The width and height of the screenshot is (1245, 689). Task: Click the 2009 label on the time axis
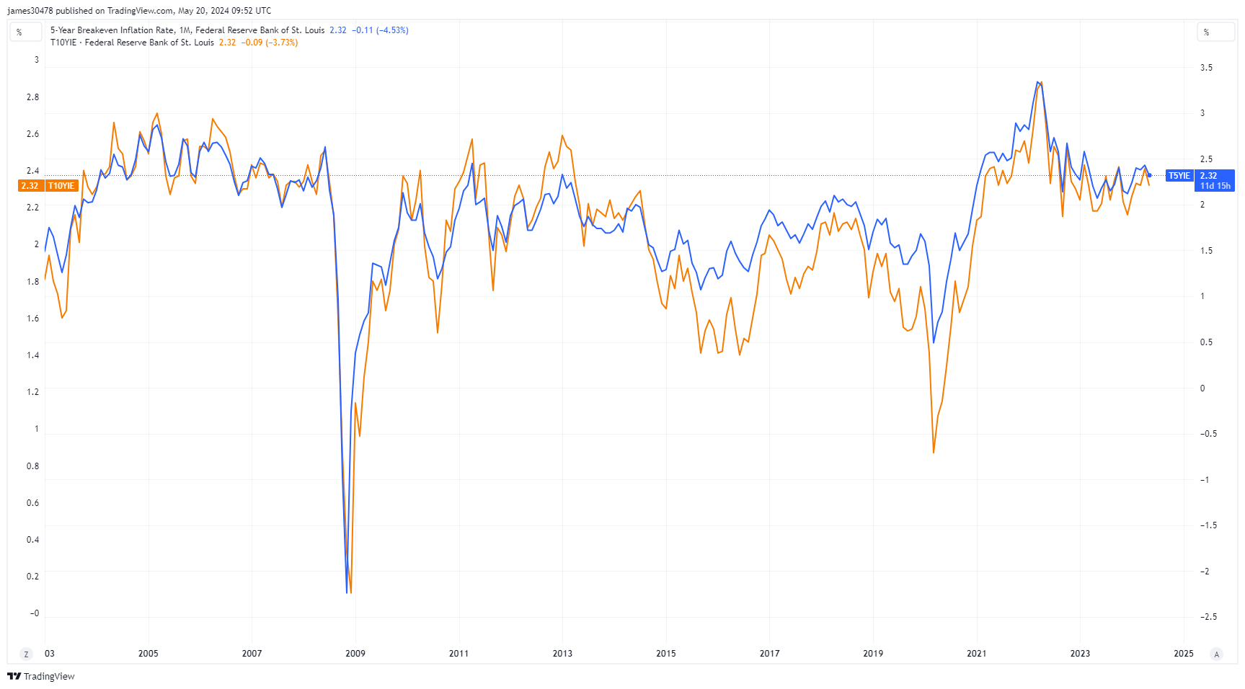[x=355, y=654]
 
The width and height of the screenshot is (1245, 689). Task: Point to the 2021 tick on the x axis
[x=977, y=654]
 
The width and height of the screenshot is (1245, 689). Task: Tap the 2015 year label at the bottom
[x=666, y=654]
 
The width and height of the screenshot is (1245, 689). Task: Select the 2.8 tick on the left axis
[x=32, y=97]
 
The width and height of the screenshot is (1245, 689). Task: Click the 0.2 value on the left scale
[x=32, y=577]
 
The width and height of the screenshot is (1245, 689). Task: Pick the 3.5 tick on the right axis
[x=1206, y=68]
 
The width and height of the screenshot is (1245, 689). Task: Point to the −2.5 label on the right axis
[x=1208, y=617]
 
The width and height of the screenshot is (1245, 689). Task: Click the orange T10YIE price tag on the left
[x=61, y=186]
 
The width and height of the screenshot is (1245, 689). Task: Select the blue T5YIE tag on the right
[x=1179, y=176]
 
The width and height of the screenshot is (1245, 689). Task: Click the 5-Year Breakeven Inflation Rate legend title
[x=112, y=30]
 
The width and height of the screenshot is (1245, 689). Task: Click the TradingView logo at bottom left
[x=41, y=676]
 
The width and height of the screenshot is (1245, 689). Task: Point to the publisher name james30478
[x=30, y=11]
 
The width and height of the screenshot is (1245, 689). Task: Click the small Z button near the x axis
[x=27, y=654]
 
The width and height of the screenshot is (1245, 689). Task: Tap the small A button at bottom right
[x=1217, y=654]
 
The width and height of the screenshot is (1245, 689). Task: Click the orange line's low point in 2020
[x=934, y=453]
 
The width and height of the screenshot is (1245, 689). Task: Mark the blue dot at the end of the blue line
[x=1150, y=175]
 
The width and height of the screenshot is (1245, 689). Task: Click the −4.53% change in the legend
[x=393, y=30]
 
